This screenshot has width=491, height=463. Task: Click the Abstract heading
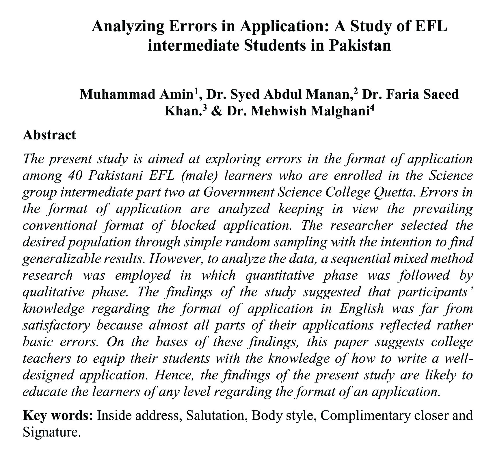49,135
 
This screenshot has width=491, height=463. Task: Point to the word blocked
193,225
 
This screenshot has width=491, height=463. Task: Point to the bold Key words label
57,416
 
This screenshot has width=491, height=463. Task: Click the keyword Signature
50,432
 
